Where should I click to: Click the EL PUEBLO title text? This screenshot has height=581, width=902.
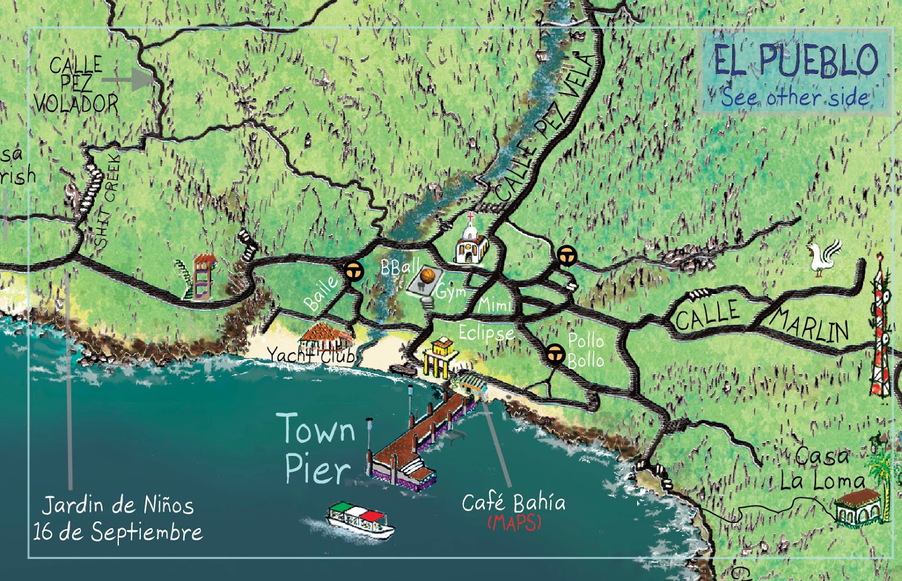point(795,60)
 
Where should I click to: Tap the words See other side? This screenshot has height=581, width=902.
point(795,97)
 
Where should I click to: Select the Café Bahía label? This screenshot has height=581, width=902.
point(513,502)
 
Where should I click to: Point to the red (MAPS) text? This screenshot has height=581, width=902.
point(514,522)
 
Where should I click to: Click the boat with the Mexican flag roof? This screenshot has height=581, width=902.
point(361,519)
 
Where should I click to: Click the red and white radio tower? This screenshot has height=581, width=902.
point(880,332)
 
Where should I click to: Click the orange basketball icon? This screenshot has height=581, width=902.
point(428,276)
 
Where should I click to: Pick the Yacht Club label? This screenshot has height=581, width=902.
point(311,356)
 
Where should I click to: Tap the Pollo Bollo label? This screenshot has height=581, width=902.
point(586,351)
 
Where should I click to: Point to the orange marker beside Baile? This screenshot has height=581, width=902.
point(355,272)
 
